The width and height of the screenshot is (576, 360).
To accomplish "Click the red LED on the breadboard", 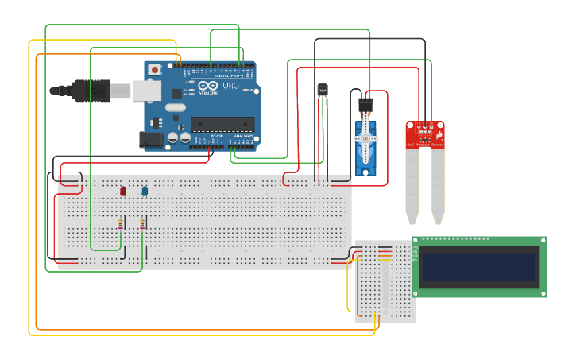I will (x=123, y=191).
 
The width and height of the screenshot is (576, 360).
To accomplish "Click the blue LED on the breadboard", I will (x=145, y=191).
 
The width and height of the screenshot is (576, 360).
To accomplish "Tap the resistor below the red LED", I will (x=121, y=224).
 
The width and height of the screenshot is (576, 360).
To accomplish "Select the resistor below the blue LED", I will (x=142, y=224).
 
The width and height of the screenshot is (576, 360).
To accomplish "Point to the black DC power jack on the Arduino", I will (x=151, y=140).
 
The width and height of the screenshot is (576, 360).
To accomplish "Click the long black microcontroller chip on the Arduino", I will (x=222, y=124).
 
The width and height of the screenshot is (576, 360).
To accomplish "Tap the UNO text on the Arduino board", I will (x=230, y=86).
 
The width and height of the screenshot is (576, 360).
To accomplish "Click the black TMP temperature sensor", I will (x=323, y=91).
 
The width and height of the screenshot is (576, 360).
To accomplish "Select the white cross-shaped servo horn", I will (x=365, y=138).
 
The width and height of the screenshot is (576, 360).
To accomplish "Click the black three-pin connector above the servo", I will (x=365, y=103).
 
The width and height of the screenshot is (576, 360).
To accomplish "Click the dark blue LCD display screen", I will (x=479, y=267).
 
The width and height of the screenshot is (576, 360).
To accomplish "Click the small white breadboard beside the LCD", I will (x=385, y=282).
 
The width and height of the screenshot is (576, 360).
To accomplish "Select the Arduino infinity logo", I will (x=208, y=86).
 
